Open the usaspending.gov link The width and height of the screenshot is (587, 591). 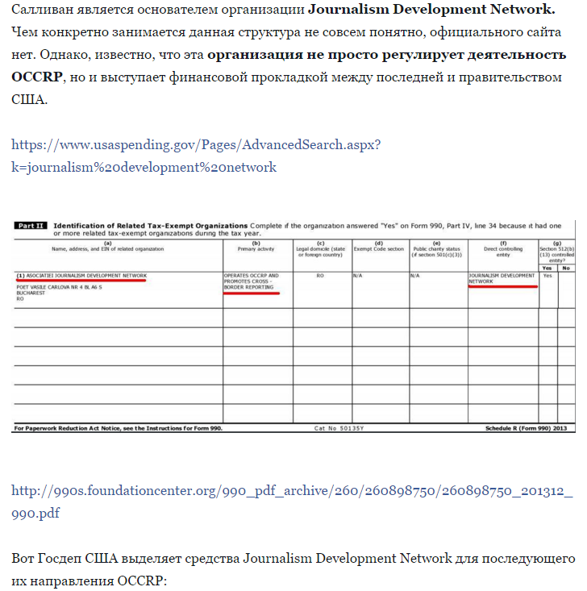pos(196,145)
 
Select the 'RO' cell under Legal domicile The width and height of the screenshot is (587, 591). pos(321,275)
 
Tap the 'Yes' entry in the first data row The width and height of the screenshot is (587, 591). pos(547,275)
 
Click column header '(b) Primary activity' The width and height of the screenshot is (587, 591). pos(257,245)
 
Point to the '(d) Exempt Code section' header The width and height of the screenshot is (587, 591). pos(379,246)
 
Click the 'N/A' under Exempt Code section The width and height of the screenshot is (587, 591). pos(359,275)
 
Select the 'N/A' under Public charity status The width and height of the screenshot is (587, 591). pos(416,275)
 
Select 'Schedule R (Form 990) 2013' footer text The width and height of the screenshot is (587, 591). pos(530,428)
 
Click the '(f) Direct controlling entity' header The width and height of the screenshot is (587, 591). pos(502,246)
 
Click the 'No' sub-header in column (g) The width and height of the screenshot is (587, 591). pos(565,267)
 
